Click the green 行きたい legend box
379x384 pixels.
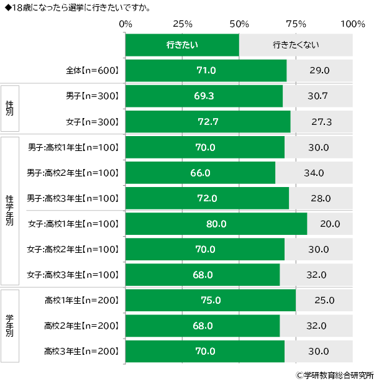pos(182,45)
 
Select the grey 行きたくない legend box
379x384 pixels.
pos(296,45)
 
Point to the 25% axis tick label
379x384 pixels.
pos(181,24)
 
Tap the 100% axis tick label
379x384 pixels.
pos(353,24)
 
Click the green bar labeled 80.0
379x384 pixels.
pos(216,224)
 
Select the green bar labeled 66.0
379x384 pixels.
pos(200,173)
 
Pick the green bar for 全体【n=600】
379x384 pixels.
pos(206,70)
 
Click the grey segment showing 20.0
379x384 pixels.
pos(330,224)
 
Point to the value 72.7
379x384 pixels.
pos(208,122)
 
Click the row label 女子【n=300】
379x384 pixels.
pos(92,122)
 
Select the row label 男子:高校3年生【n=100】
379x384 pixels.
pos(73,198)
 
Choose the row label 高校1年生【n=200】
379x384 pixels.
pos(81,300)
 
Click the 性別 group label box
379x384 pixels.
pos(9,109)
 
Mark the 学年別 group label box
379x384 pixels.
pos(9,326)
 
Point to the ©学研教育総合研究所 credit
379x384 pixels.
pos(334,375)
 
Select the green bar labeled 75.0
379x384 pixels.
pos(211,300)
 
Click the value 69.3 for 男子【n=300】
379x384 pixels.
pos(204,96)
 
